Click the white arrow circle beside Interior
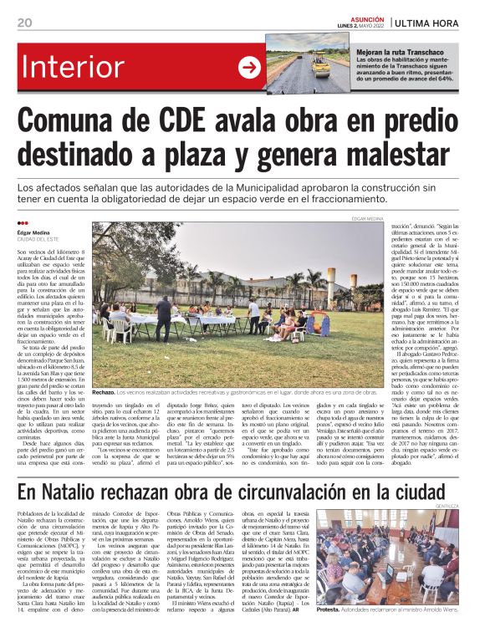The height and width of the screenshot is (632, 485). tap(248, 68)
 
